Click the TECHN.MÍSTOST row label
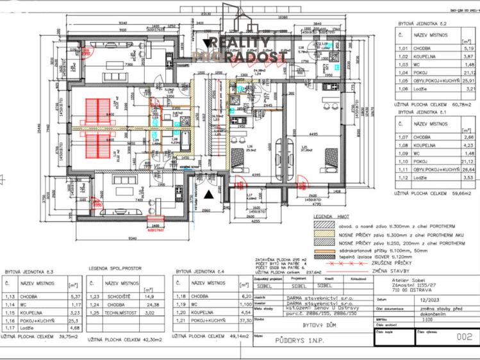tap(123, 313)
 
